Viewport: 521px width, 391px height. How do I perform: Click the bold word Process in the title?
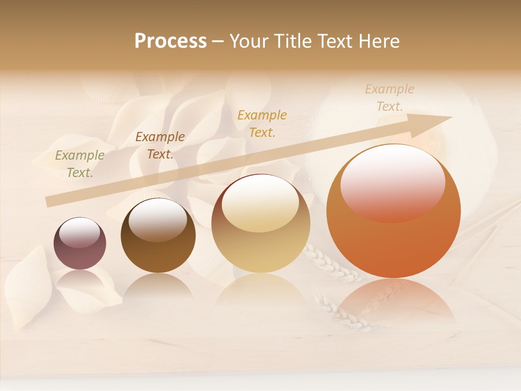[170, 41]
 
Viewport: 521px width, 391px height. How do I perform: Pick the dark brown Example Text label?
[160, 146]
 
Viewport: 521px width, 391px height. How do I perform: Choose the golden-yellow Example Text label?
[262, 123]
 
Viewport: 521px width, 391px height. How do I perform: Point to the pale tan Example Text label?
[390, 98]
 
